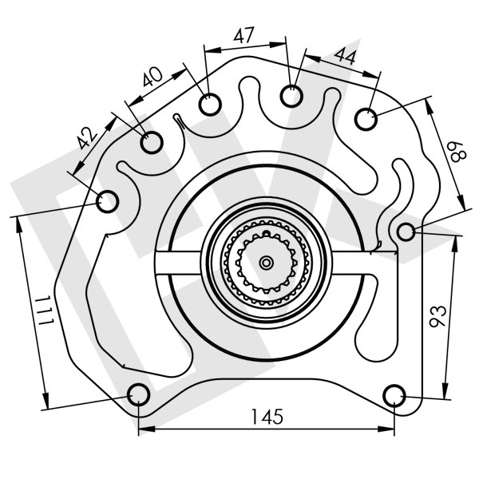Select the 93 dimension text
(x=437, y=317)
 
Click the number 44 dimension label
(x=345, y=56)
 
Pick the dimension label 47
(x=243, y=35)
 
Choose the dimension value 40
(x=152, y=77)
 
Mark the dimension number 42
(x=88, y=137)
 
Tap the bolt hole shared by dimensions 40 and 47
(x=209, y=105)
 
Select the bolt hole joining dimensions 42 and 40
(x=152, y=143)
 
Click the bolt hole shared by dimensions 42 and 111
(x=107, y=201)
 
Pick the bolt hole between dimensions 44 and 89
(x=366, y=119)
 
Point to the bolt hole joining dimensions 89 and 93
(x=406, y=232)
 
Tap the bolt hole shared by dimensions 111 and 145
(x=139, y=394)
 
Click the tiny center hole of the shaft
(x=266, y=261)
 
